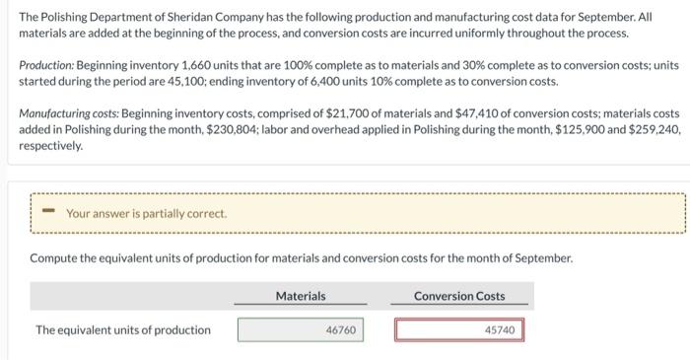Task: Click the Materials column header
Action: (x=301, y=296)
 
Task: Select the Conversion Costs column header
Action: (x=459, y=296)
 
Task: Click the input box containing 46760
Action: (x=302, y=329)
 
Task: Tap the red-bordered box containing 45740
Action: (x=459, y=329)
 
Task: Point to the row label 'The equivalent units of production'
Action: (x=123, y=329)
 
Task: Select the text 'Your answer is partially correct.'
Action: (x=146, y=213)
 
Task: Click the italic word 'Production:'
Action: (x=48, y=64)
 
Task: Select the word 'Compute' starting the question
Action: (x=56, y=257)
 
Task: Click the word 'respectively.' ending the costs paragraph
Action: (x=50, y=144)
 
